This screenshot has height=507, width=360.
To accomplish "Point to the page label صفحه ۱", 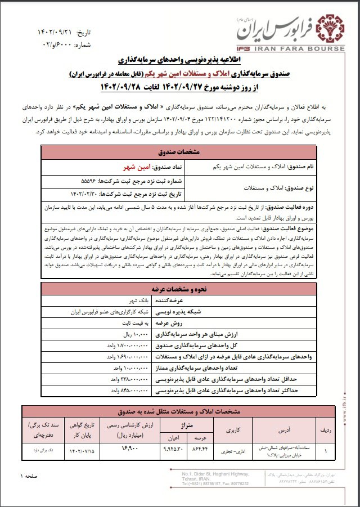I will (x=31, y=477).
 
